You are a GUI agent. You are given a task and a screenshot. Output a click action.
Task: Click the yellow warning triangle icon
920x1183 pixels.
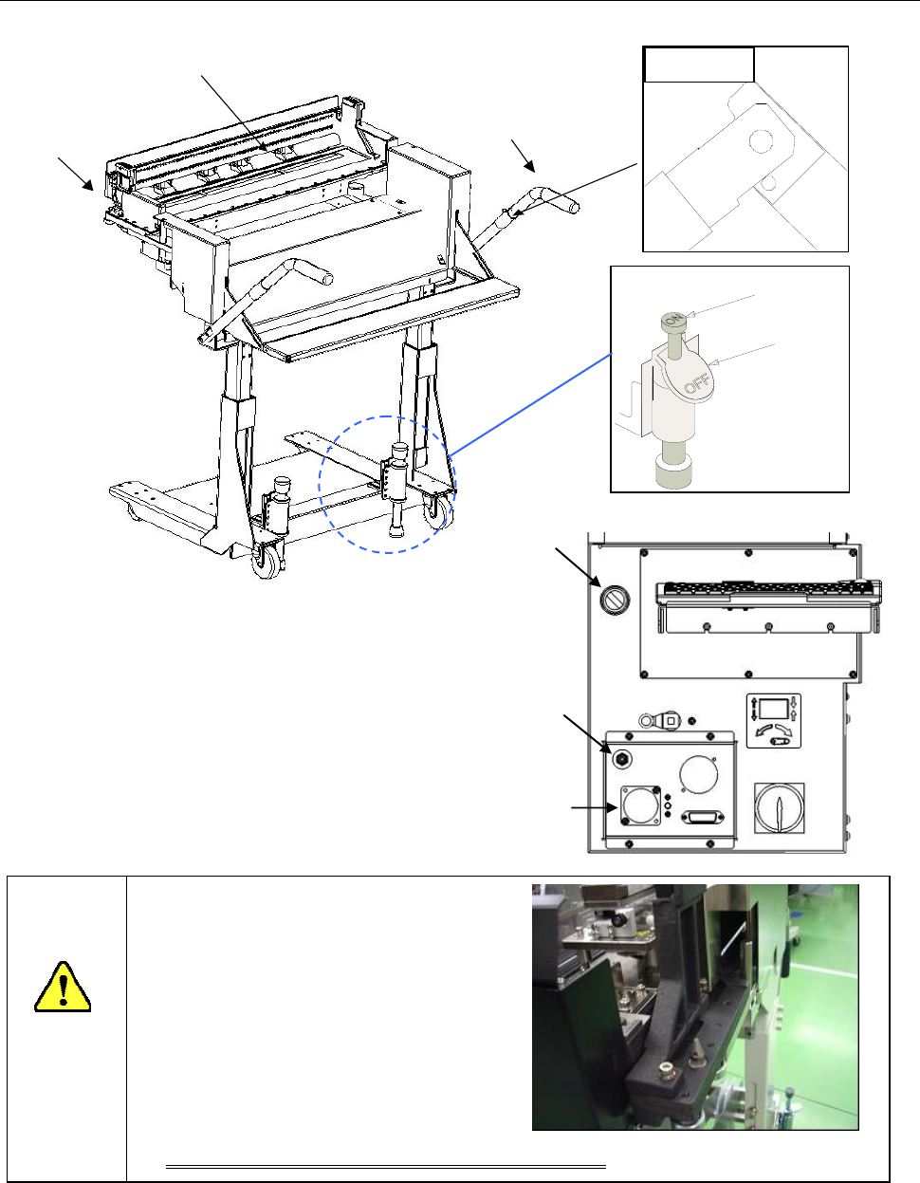point(63,988)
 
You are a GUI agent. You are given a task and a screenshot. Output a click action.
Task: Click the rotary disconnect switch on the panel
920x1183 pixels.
point(779,808)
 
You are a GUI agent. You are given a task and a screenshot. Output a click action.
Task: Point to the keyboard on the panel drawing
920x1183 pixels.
point(768,594)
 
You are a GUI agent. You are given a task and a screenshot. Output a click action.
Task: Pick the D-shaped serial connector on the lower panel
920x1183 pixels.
point(707,817)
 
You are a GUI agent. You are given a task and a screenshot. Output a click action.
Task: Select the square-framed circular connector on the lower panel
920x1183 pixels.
point(640,805)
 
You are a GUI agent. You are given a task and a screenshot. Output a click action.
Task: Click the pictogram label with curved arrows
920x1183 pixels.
point(773,721)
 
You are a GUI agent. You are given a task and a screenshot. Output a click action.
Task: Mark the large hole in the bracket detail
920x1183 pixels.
point(762,141)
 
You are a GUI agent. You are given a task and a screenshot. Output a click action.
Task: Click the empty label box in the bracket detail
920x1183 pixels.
point(699,65)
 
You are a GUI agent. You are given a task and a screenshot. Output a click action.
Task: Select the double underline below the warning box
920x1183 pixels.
point(386,1162)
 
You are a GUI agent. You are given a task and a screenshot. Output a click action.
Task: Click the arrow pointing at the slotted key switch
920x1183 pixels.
point(579,567)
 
